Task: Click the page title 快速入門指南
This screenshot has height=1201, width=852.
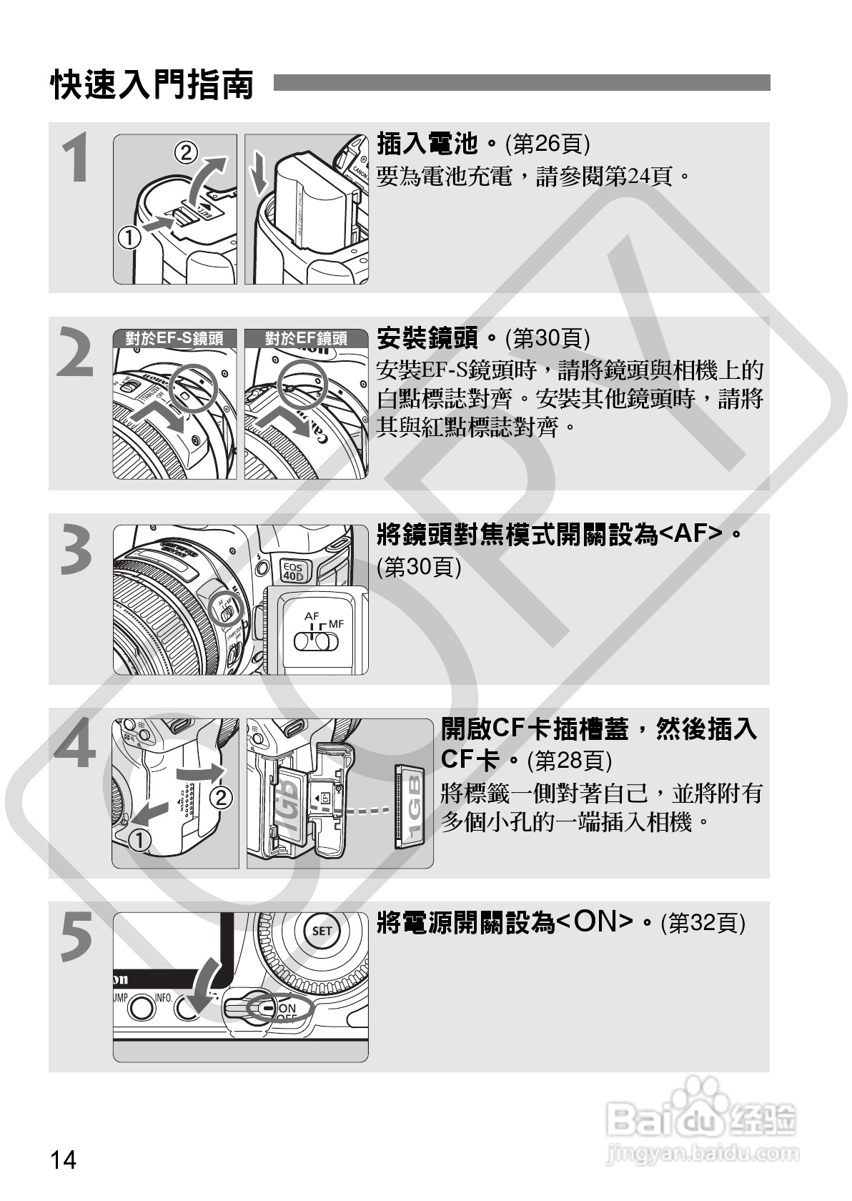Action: pos(152,84)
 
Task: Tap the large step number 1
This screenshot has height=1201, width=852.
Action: pos(76,158)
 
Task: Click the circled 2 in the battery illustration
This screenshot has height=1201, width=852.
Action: pos(186,153)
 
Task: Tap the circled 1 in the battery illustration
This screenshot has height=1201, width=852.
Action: pos(129,237)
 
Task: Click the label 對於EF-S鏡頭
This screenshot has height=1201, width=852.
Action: pos(174,338)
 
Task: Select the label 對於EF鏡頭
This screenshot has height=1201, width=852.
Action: pos(306,338)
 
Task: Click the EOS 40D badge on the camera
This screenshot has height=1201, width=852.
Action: pos(293,570)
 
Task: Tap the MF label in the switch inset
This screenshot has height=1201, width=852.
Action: pos(337,623)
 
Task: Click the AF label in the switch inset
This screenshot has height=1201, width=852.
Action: pos(312,616)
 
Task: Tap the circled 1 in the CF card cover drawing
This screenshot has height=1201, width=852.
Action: pos(139,840)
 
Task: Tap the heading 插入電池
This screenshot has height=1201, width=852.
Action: pos(427,144)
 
